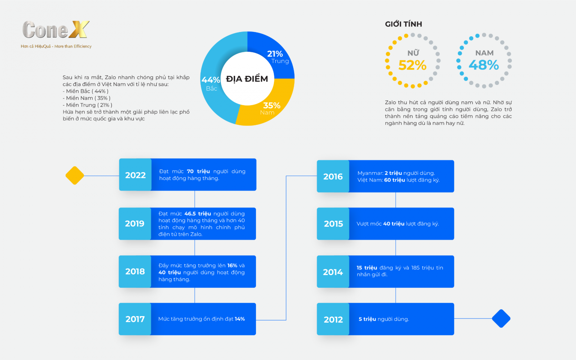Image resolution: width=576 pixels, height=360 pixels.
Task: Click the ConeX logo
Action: (56, 30)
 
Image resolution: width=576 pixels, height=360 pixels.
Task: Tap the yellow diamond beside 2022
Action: (75, 175)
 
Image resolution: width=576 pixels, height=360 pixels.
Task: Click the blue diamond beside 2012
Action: (501, 318)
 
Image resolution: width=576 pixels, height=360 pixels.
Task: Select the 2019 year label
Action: (135, 224)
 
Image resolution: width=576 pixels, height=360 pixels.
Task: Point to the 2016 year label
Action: (333, 176)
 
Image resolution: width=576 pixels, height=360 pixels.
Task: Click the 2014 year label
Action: (333, 272)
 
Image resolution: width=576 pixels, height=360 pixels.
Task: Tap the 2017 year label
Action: (135, 319)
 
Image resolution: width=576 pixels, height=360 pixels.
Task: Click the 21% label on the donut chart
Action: (275, 54)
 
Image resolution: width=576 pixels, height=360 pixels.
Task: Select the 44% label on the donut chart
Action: (211, 80)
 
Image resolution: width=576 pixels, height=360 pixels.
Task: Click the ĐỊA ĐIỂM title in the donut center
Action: (247, 79)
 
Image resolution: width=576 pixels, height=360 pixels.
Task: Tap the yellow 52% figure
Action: (413, 65)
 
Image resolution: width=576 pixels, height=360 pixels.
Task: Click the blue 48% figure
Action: (484, 65)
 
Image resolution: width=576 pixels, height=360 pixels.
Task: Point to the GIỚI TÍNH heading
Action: (404, 24)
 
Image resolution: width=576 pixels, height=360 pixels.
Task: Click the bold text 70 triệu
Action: (198, 171)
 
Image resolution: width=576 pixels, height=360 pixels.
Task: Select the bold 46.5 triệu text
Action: (198, 214)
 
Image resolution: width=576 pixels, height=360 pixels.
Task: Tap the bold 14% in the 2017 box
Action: (240, 319)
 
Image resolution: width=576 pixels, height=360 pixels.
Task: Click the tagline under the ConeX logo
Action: (56, 46)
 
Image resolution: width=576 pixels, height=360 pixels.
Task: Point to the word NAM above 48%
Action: (485, 53)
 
